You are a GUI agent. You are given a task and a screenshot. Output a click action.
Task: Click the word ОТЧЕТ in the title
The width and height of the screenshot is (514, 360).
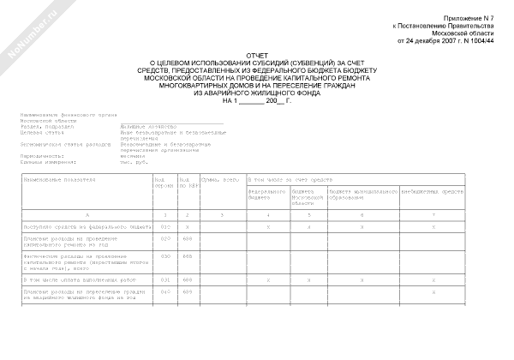point(256,53)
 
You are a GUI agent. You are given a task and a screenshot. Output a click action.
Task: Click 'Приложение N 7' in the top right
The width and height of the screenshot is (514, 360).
point(469,17)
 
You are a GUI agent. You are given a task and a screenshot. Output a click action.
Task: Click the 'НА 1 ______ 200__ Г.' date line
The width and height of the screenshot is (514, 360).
point(256,101)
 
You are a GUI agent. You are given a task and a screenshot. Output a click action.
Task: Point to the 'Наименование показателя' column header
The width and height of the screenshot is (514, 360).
point(60,180)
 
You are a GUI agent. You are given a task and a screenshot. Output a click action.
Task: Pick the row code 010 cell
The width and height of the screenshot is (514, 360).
point(167,225)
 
